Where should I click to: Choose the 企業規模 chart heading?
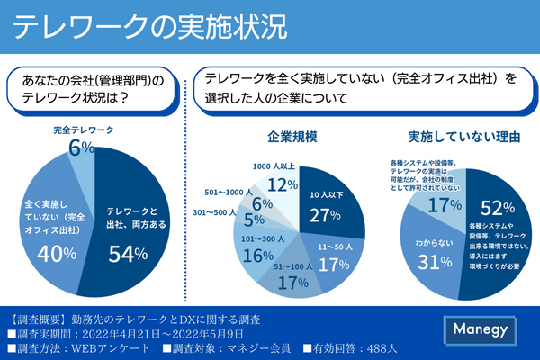(292, 138)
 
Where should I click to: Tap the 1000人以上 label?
(274, 166)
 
